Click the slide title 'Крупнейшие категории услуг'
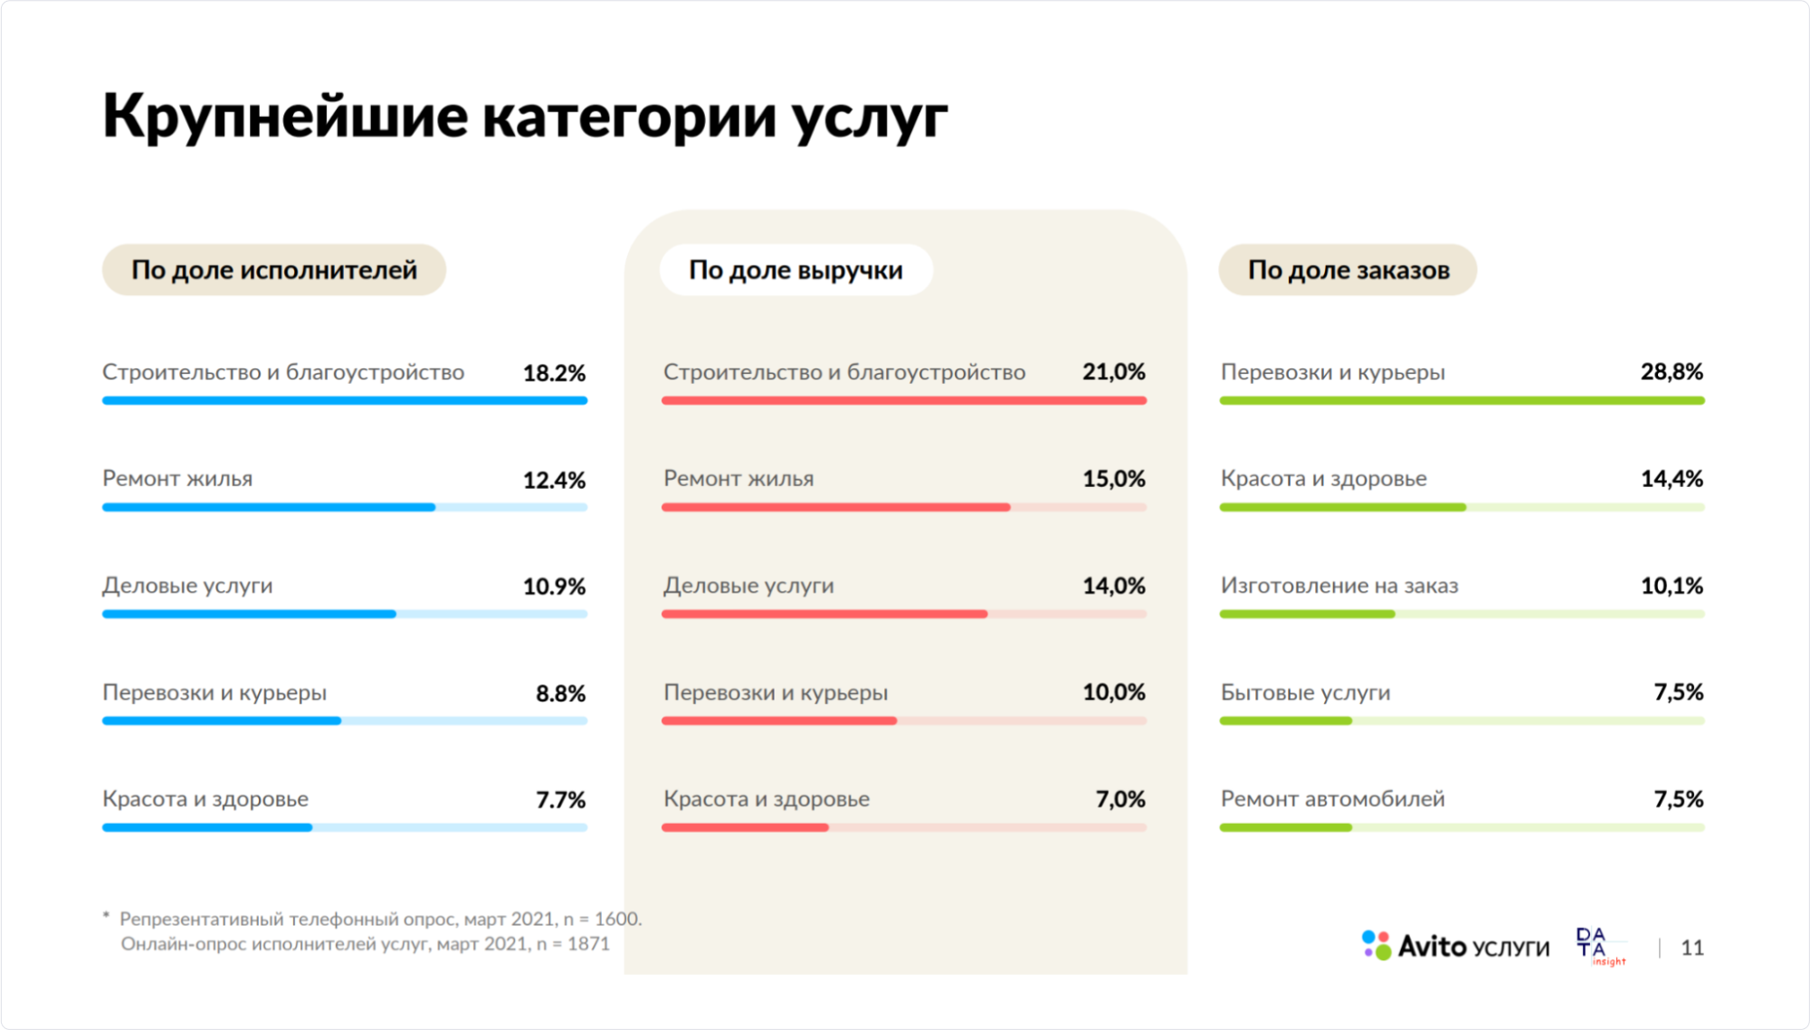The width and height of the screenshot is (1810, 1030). click(x=525, y=116)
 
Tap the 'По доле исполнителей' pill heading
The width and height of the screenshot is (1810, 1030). click(x=273, y=270)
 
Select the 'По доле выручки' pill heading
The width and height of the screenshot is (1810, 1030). click(x=795, y=270)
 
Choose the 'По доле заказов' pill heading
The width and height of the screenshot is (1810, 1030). click(x=1348, y=270)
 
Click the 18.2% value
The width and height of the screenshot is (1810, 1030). click(x=554, y=373)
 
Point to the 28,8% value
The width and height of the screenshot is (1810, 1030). click(x=1672, y=372)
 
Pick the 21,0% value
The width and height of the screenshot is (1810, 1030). click(x=1113, y=372)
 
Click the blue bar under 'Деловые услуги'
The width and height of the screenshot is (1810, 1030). click(x=249, y=615)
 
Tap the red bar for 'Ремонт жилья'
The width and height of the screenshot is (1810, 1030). click(x=834, y=508)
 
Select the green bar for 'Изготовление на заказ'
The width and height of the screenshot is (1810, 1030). click(x=1307, y=615)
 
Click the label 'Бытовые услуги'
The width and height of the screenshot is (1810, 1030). click(x=1305, y=692)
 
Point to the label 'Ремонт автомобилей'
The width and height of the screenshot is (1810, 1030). click(x=1332, y=799)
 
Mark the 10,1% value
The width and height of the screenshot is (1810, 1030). click(x=1672, y=586)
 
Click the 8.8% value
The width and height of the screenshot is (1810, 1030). click(x=560, y=693)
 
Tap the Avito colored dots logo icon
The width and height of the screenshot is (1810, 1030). click(x=1377, y=945)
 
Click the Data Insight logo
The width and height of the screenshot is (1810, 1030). click(x=1599, y=946)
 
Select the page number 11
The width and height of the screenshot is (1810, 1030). click(x=1691, y=948)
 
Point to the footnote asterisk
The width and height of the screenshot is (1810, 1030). click(x=106, y=917)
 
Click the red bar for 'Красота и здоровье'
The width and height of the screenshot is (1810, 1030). click(x=745, y=828)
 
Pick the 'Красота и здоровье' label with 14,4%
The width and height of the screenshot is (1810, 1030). click(x=1323, y=479)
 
